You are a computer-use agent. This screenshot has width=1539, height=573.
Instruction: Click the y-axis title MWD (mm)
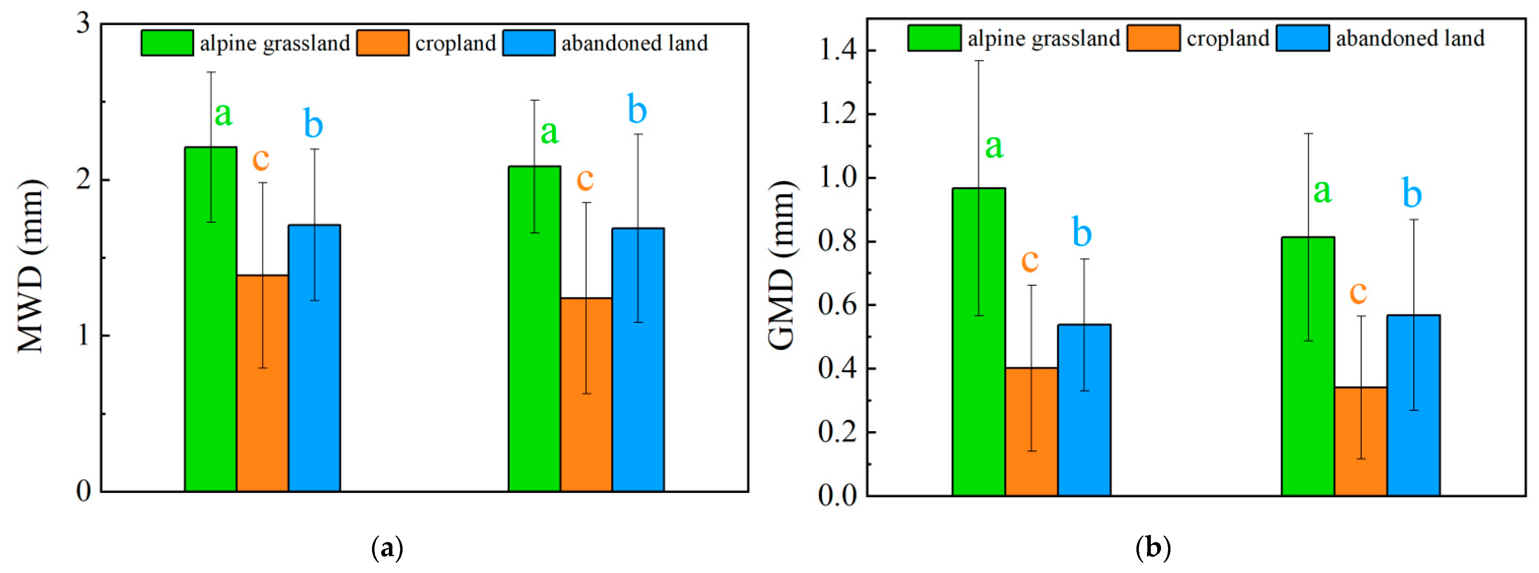[30, 266]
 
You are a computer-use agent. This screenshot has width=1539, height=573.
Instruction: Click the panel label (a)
[387, 548]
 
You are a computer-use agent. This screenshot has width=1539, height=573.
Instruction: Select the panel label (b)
[1153, 548]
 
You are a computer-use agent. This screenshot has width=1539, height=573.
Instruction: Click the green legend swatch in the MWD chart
[167, 43]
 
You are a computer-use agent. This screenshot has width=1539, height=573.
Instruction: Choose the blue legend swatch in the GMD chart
[1303, 38]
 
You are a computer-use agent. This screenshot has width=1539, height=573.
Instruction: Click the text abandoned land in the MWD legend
[634, 43]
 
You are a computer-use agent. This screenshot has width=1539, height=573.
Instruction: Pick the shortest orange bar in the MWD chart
[586, 394]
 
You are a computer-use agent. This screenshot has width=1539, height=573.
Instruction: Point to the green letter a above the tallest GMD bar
[993, 146]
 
